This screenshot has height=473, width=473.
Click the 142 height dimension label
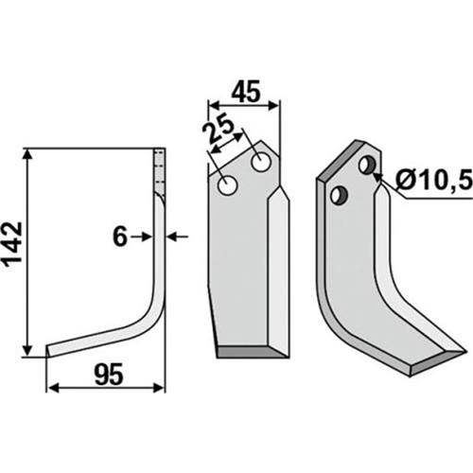point(12,242)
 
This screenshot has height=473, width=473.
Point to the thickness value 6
point(120,237)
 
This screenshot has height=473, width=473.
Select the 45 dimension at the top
point(246,91)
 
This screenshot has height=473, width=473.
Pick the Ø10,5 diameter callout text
point(433,182)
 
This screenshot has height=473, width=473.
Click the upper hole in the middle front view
point(261,162)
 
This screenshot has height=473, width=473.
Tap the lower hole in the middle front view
point(228,185)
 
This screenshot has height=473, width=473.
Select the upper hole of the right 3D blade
point(367,165)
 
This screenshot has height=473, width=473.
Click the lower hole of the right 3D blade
point(339,196)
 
